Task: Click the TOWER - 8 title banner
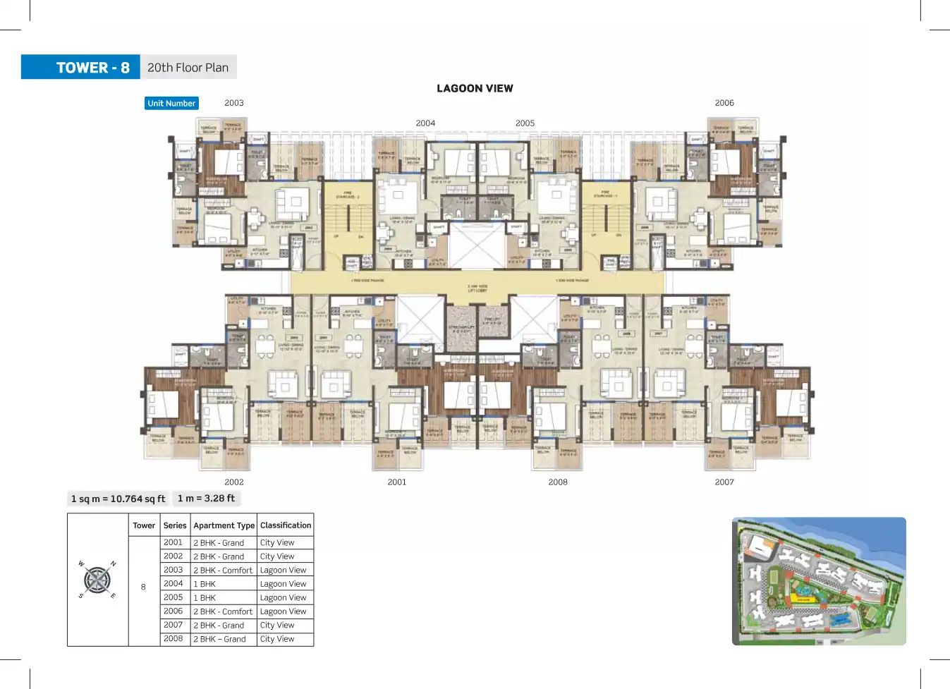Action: tap(81, 68)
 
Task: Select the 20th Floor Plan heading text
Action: tap(188, 68)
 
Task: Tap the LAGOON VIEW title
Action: tap(475, 88)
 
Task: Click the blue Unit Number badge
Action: tap(171, 103)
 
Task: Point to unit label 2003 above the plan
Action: tap(234, 103)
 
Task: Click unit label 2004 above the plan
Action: tap(425, 123)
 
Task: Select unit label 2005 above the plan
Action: tap(525, 123)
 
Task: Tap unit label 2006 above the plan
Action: tap(724, 103)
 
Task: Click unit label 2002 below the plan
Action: tap(234, 482)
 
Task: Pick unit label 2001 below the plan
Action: tap(397, 482)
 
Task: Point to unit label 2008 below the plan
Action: tap(558, 482)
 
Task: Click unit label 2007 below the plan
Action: tap(724, 482)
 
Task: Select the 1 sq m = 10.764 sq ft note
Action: tap(118, 499)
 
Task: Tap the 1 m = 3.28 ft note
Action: tap(206, 499)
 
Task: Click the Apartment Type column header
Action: tap(224, 525)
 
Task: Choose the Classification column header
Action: tap(286, 525)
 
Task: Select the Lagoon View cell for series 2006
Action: tap(283, 611)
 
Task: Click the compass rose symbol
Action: tap(97, 580)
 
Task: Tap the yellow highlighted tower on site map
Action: tap(803, 599)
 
